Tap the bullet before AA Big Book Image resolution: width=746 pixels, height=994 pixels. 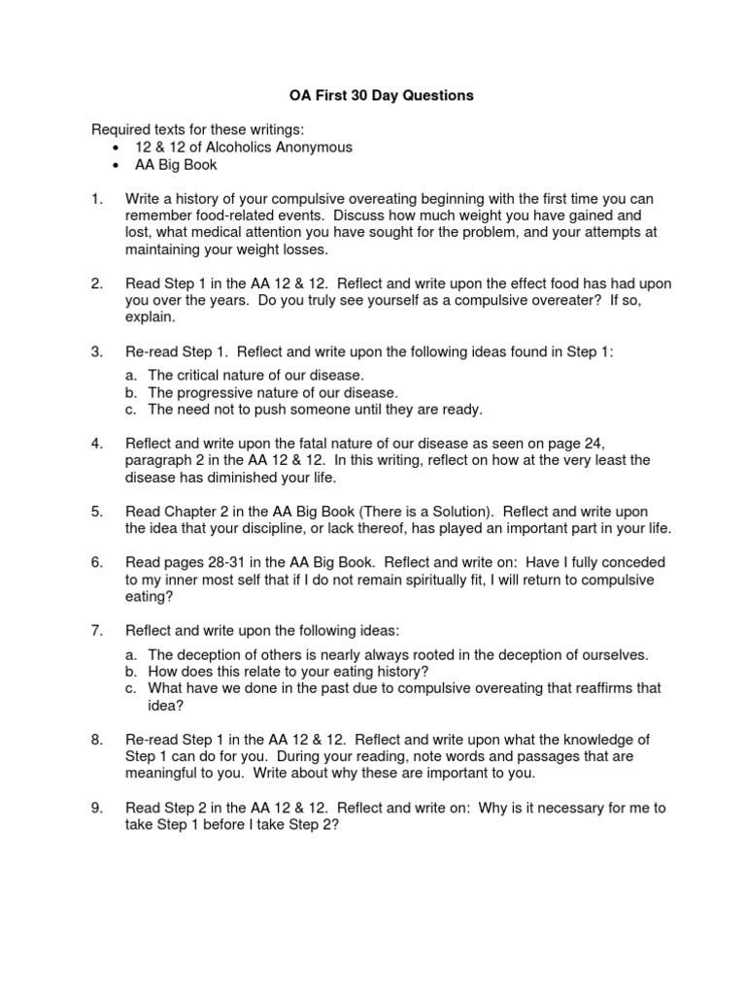coord(116,165)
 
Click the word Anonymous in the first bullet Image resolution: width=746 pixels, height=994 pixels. coord(312,148)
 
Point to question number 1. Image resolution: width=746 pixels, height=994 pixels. coord(96,199)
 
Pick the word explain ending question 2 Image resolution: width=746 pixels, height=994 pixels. coord(150,317)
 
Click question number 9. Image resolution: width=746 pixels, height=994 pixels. coord(96,808)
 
